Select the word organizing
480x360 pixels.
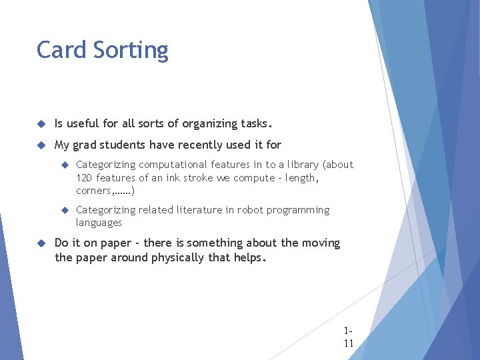207,124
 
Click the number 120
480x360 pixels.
84,178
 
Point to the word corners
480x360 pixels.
94,191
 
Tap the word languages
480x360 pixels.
99,223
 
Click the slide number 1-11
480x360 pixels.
348,337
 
